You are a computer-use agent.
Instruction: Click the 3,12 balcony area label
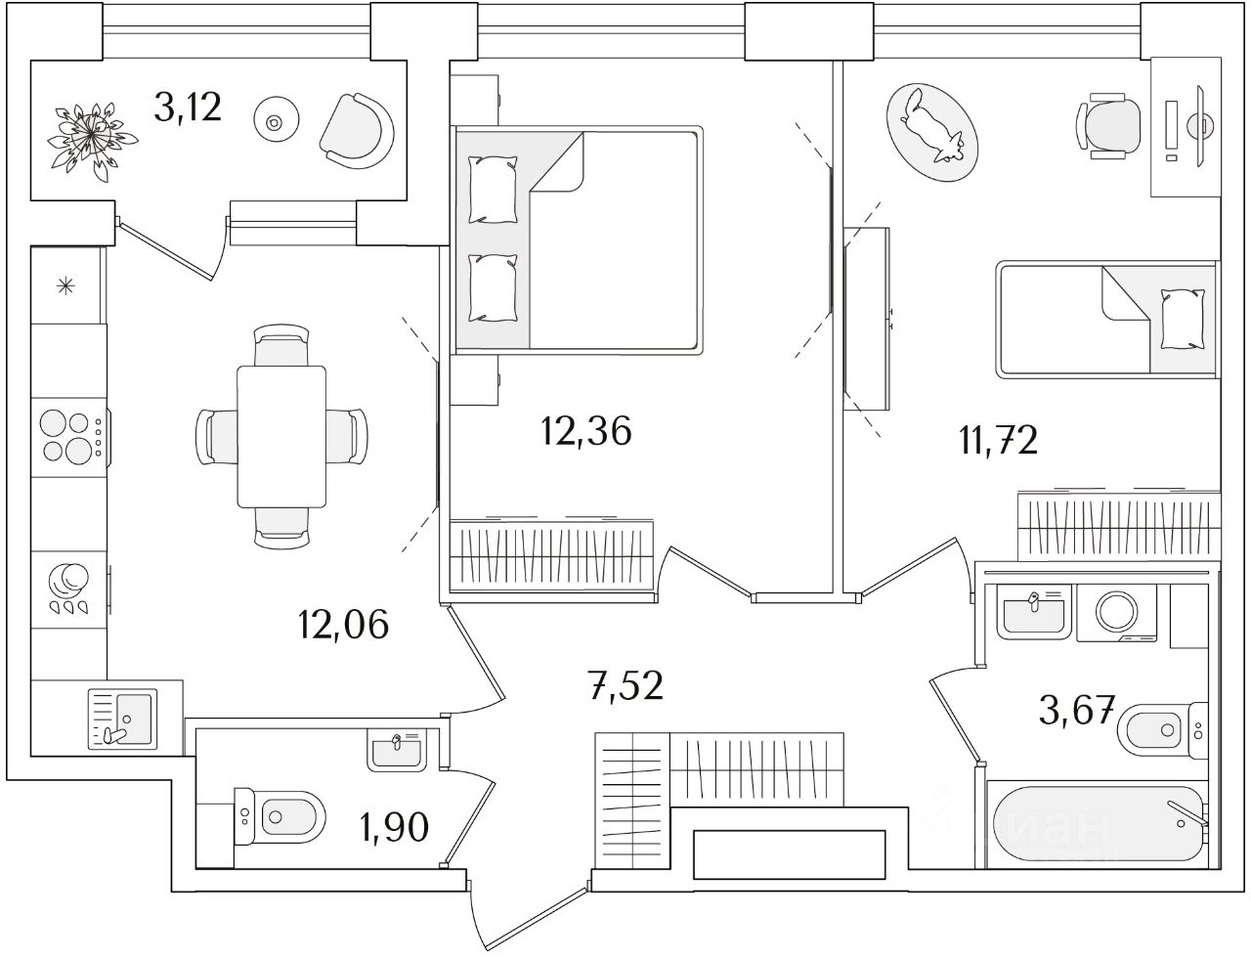pyautogui.click(x=188, y=107)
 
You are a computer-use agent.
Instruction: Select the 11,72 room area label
pyautogui.click(x=997, y=440)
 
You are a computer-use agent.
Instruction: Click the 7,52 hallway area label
pyautogui.click(x=625, y=685)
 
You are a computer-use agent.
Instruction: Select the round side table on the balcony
pyautogui.click(x=274, y=122)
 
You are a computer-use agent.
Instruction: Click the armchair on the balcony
pyautogui.click(x=357, y=127)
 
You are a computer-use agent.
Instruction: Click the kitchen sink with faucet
pyautogui.click(x=122, y=718)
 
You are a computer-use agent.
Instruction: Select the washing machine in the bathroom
pyautogui.click(x=1116, y=613)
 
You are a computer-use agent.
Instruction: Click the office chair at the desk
pyautogui.click(x=1109, y=125)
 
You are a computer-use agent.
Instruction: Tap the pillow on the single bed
pyautogui.click(x=1183, y=320)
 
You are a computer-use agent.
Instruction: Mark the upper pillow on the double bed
pyautogui.click(x=492, y=190)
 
